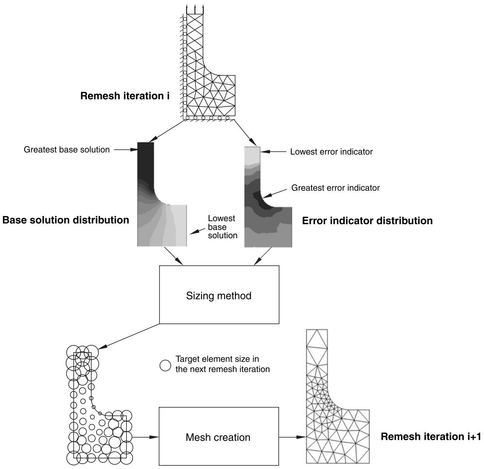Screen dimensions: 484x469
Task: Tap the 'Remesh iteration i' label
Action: (x=125, y=96)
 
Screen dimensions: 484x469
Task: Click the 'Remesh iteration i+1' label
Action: (x=431, y=436)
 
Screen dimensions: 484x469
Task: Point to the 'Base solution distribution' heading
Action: (x=66, y=220)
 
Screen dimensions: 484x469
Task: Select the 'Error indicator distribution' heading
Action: (x=367, y=220)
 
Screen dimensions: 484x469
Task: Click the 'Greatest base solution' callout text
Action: (x=67, y=150)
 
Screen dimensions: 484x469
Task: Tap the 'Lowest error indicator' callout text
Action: (x=332, y=152)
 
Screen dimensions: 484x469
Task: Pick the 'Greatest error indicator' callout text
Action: (x=336, y=188)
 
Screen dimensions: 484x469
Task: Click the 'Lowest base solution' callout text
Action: (x=222, y=227)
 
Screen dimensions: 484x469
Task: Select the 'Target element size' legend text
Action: (x=222, y=364)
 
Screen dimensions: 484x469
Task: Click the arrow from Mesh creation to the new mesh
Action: (x=292, y=437)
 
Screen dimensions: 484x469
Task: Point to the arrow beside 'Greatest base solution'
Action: (x=126, y=150)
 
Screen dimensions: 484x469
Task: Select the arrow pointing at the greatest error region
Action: (x=276, y=193)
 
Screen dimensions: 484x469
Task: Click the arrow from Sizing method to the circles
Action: (x=130, y=336)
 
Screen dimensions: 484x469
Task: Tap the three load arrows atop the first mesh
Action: (x=195, y=9)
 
